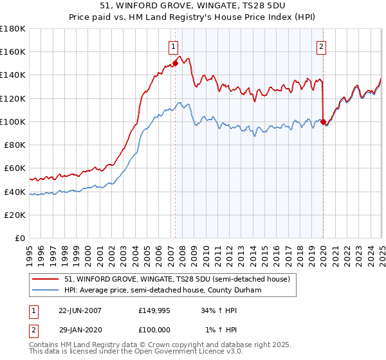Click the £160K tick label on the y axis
click(14, 51)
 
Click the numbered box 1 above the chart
click(174, 46)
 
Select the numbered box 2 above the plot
click(321, 46)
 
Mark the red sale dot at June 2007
click(175, 63)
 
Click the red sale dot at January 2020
click(323, 122)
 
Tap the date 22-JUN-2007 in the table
click(80, 310)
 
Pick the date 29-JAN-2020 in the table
click(80, 330)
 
